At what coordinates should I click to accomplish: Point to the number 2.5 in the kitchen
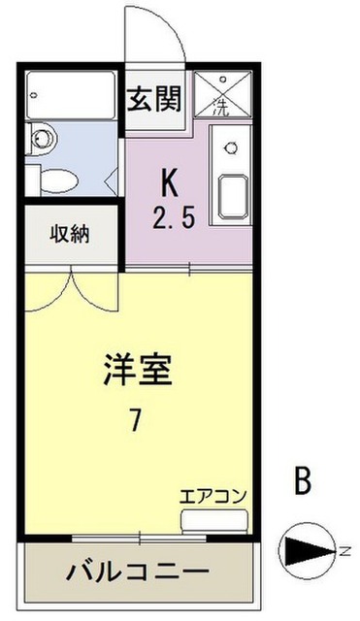[x=175, y=216]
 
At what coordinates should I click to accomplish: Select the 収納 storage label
[x=69, y=235]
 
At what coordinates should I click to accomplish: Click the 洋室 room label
[x=138, y=372]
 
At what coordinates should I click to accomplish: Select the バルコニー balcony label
[x=137, y=571]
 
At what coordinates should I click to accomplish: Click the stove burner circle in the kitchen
[x=231, y=148]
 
